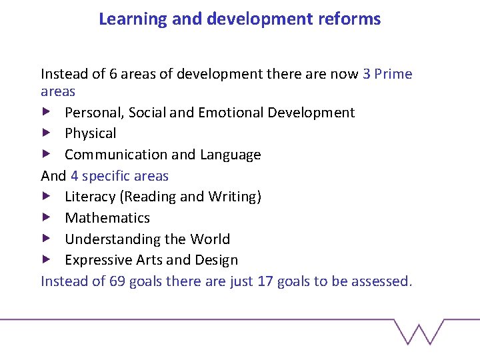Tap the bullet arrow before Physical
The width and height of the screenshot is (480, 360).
[x=45, y=133]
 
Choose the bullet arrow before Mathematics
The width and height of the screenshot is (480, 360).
[x=45, y=217]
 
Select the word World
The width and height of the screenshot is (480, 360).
[x=209, y=239]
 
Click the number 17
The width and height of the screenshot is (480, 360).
[x=265, y=281]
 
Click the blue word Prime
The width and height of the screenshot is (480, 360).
[x=393, y=74]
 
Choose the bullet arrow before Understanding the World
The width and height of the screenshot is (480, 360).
[x=45, y=239]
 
